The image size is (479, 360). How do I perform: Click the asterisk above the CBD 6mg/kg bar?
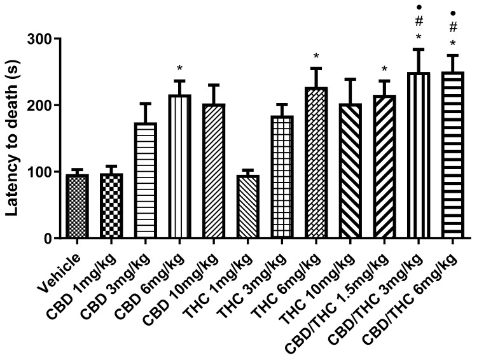(x=179, y=69)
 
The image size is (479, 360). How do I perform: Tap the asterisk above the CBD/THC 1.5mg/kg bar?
(x=384, y=69)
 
